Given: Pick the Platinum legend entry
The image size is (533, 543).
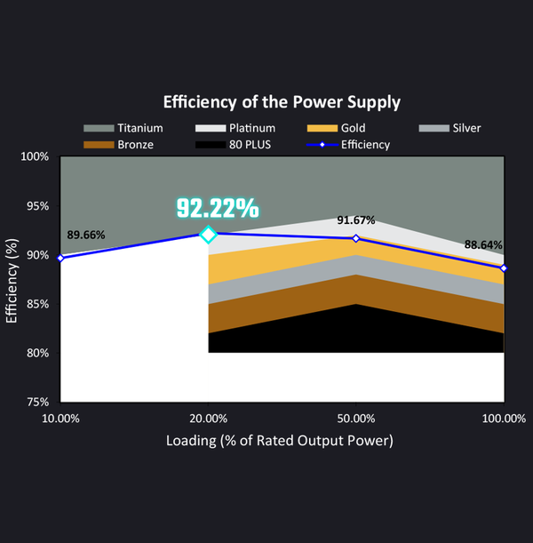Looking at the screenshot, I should pyautogui.click(x=235, y=128).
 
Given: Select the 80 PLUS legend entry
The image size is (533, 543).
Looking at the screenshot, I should pyautogui.click(x=235, y=144).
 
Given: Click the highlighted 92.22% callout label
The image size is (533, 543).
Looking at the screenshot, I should pyautogui.click(x=217, y=208).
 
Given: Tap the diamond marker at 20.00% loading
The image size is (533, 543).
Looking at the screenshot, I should pyautogui.click(x=208, y=235).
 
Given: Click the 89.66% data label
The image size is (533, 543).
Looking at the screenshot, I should pyautogui.click(x=86, y=235).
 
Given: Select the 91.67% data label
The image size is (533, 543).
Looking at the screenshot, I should pyautogui.click(x=355, y=220).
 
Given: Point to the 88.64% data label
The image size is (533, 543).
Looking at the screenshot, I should pyautogui.click(x=482, y=244).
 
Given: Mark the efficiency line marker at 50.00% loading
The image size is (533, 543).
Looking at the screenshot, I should pyautogui.click(x=356, y=238).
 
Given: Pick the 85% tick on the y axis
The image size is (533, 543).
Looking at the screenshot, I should pyautogui.click(x=36, y=304).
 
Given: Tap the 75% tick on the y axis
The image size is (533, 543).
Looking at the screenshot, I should pyautogui.click(x=36, y=402).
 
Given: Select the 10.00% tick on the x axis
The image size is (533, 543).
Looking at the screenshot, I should pyautogui.click(x=60, y=418).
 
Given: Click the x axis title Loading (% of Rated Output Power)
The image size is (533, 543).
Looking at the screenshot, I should pyautogui.click(x=280, y=440).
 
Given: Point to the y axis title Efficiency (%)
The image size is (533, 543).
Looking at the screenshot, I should pyautogui.click(x=12, y=279).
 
